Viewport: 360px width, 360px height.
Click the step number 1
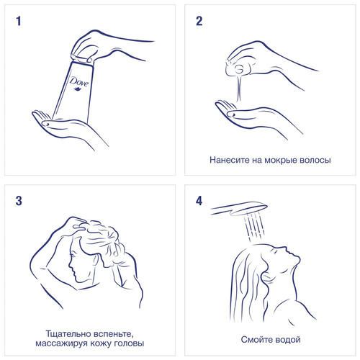pyautogui.click(x=19, y=21)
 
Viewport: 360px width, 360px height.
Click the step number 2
pyautogui.click(x=199, y=21)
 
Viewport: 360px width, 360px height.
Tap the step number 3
pyautogui.click(x=19, y=201)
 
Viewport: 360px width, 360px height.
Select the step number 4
pyautogui.click(x=199, y=201)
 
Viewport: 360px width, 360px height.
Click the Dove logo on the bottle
pyautogui.click(x=79, y=84)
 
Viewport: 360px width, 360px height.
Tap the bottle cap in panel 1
pyautogui.click(x=82, y=59)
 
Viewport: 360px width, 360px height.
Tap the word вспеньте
pyautogui.click(x=112, y=334)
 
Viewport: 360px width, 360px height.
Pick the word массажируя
pyautogui.click(x=61, y=343)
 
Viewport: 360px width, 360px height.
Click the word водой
pyautogui.click(x=287, y=340)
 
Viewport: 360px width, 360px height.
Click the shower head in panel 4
pyautogui.click(x=239, y=208)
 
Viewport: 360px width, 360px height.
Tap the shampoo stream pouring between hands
pyautogui.click(x=238, y=87)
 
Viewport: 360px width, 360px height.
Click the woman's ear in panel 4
pyautogui.click(x=266, y=278)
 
